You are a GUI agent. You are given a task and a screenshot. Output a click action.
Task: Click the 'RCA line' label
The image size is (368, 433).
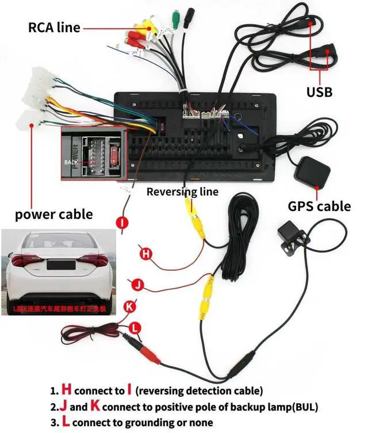pyautogui.click(x=54, y=27)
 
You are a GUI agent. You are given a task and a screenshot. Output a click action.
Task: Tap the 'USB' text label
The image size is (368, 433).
pyautogui.click(x=319, y=91)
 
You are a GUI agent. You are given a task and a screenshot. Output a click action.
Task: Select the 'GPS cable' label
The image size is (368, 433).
pyautogui.click(x=319, y=206)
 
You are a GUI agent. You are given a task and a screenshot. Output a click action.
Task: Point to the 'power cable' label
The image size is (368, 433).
pyautogui.click(x=53, y=214)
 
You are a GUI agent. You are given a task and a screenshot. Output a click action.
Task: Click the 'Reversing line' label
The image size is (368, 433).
pyautogui.click(x=182, y=191)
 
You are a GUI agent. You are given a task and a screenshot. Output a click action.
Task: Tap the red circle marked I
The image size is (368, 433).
pyautogui.click(x=124, y=222)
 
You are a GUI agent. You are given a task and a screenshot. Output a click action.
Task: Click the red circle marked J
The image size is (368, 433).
pyautogui.click(x=137, y=284)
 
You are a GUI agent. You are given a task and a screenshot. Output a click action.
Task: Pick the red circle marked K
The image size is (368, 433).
pyautogui.click(x=130, y=306)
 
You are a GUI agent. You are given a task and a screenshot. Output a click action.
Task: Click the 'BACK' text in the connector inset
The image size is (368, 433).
pyautogui.click(x=70, y=162)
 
